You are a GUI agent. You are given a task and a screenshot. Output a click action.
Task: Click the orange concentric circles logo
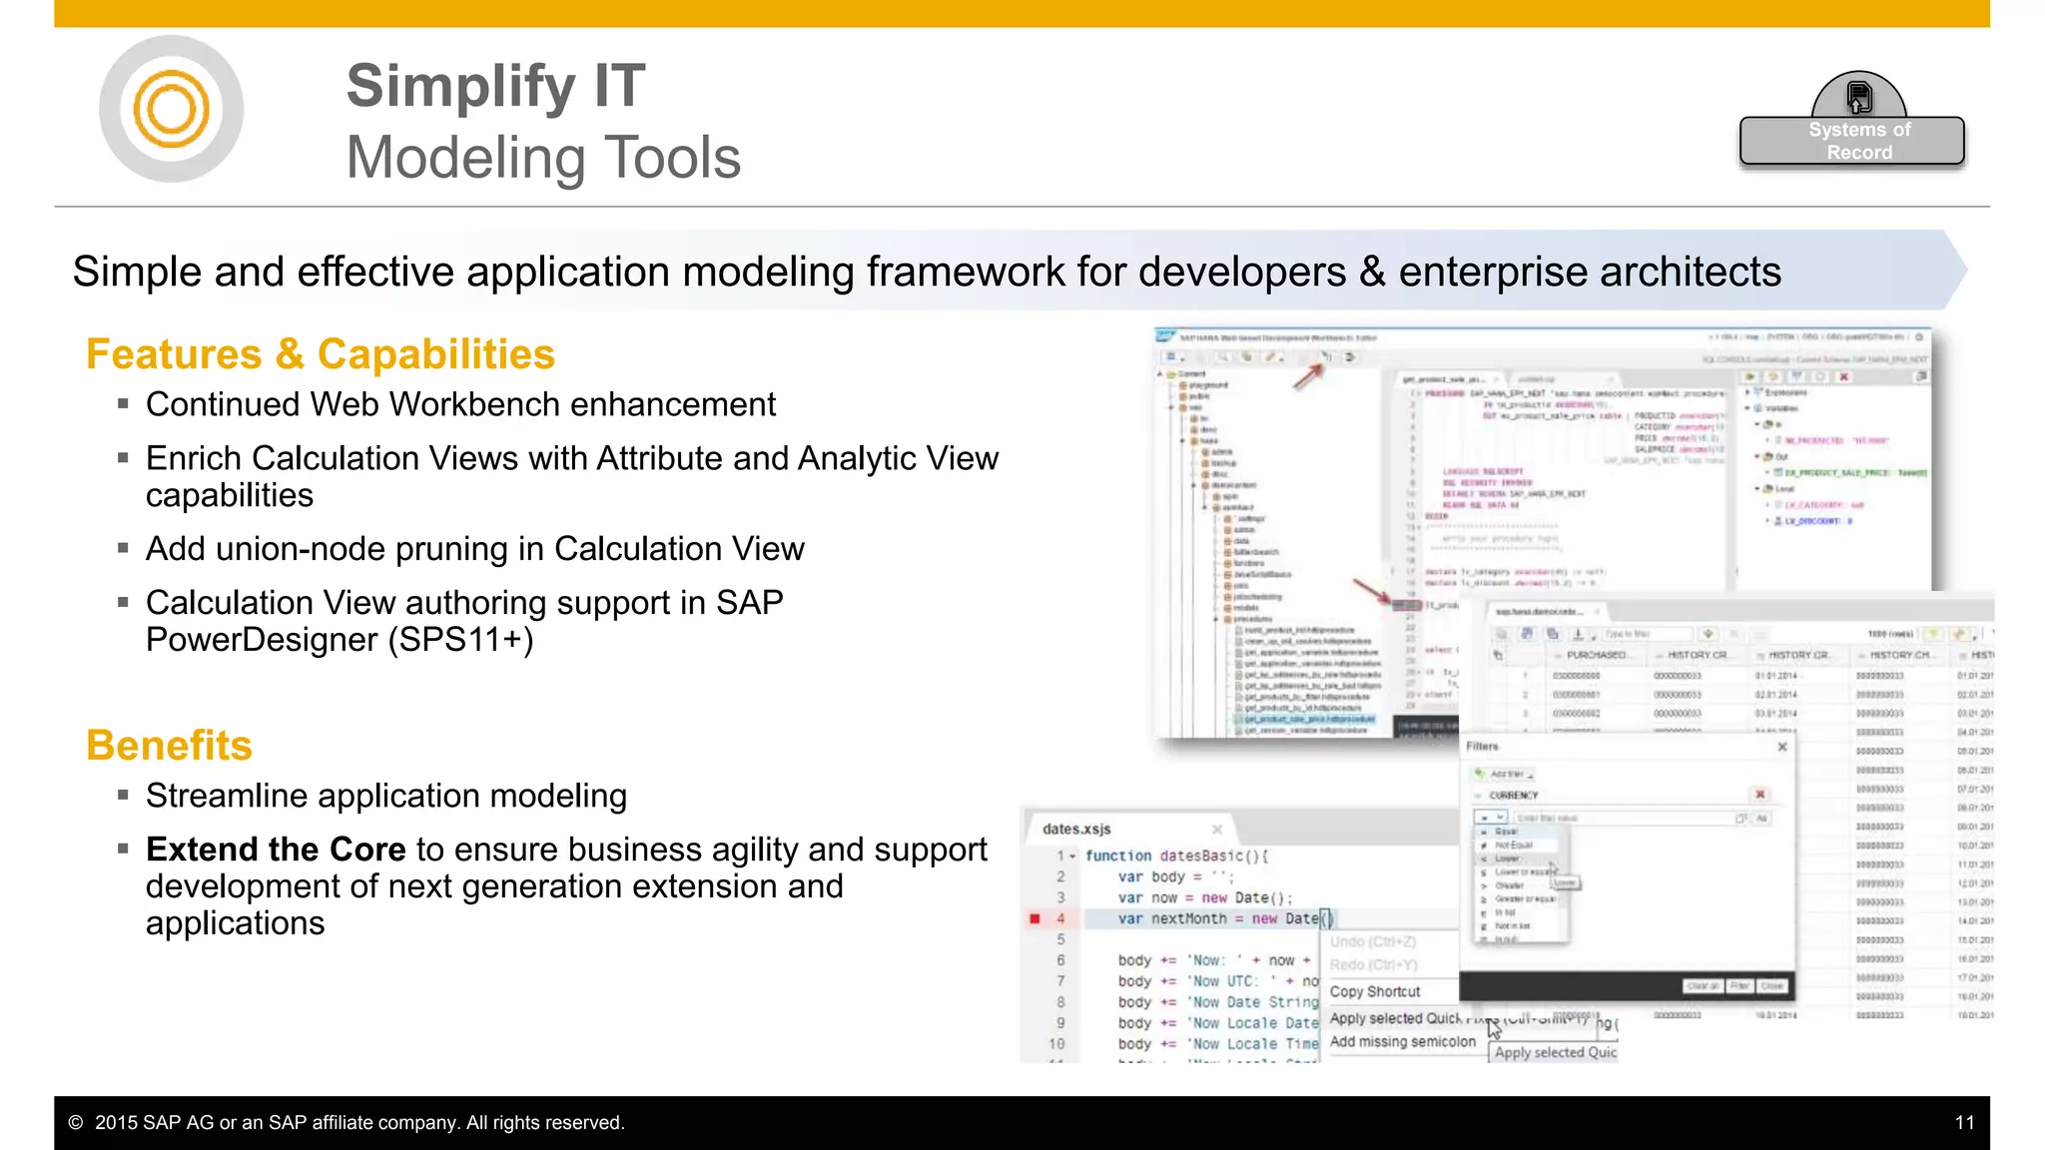[171, 109]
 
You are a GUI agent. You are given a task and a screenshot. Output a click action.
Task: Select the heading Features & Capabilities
[320, 354]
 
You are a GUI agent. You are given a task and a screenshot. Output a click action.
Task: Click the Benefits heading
[169, 746]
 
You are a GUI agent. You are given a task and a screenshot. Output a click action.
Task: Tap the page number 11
[1964, 1123]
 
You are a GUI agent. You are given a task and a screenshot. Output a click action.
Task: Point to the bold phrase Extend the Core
[276, 850]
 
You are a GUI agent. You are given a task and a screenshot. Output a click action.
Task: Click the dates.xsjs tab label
[1076, 830]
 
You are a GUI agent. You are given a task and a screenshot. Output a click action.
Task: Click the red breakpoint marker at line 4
[1034, 918]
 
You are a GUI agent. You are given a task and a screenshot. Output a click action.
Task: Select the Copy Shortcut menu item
[1375, 992]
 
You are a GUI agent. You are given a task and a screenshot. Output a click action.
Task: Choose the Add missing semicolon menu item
[1402, 1042]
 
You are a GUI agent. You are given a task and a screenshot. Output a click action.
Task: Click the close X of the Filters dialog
[1782, 747]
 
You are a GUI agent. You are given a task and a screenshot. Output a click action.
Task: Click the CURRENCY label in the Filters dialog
[1514, 796]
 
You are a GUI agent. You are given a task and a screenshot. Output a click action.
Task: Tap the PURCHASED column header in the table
[1596, 655]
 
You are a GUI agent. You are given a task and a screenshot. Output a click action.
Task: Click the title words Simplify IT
[495, 86]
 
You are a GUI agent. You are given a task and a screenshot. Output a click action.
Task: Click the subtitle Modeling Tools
[543, 158]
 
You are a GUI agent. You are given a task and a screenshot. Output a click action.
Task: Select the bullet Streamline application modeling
[385, 796]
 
